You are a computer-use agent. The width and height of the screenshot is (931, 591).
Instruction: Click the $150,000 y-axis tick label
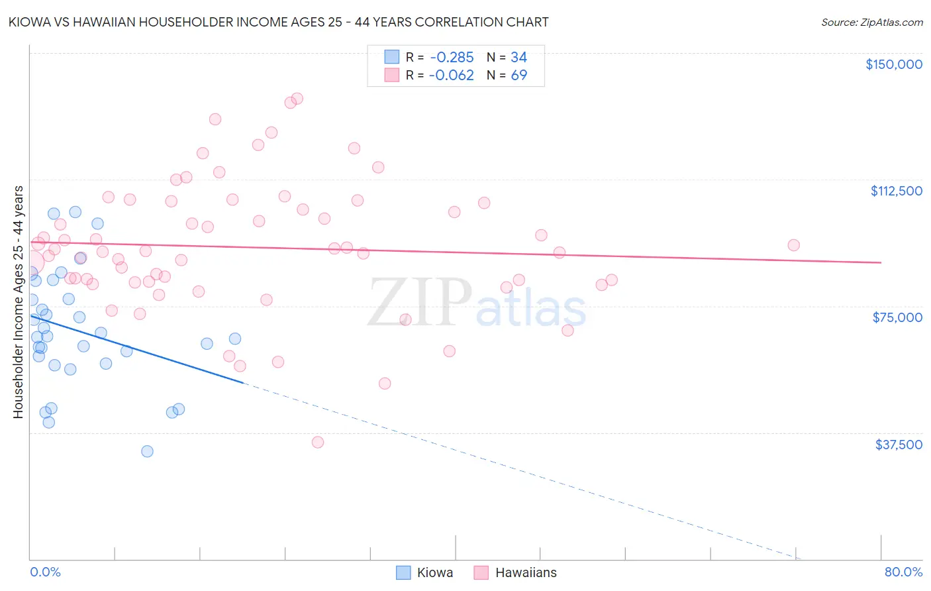(893, 64)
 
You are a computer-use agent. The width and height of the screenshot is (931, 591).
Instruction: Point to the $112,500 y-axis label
(896, 191)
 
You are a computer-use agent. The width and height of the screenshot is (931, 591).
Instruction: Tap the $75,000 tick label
(897, 317)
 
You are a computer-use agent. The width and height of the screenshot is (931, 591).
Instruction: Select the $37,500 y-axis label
(899, 445)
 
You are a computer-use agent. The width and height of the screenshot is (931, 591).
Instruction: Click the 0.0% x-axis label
(45, 572)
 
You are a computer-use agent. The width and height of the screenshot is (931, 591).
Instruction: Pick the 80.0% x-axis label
(903, 572)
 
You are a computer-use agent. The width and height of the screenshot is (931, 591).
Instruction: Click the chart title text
(278, 22)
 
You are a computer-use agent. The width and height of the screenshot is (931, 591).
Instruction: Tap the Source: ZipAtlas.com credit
(871, 23)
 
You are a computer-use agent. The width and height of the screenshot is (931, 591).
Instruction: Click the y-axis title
(18, 302)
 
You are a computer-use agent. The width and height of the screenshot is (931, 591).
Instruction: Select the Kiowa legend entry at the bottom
(424, 572)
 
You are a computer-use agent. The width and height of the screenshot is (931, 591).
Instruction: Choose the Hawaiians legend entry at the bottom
(515, 572)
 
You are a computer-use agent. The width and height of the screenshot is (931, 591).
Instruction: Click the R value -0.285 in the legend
(452, 58)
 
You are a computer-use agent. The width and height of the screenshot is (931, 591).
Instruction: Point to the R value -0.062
(452, 76)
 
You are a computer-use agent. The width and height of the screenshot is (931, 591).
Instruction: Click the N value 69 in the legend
(518, 76)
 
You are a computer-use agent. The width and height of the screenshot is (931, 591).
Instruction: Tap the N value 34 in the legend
(518, 58)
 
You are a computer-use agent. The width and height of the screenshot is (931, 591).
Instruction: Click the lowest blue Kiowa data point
(147, 451)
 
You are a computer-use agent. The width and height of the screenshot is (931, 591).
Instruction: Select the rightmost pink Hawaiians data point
(793, 245)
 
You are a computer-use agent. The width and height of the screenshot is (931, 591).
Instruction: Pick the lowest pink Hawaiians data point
(318, 442)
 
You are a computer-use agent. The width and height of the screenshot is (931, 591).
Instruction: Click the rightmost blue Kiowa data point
(235, 339)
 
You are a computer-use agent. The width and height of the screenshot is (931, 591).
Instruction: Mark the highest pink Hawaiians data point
(297, 98)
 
